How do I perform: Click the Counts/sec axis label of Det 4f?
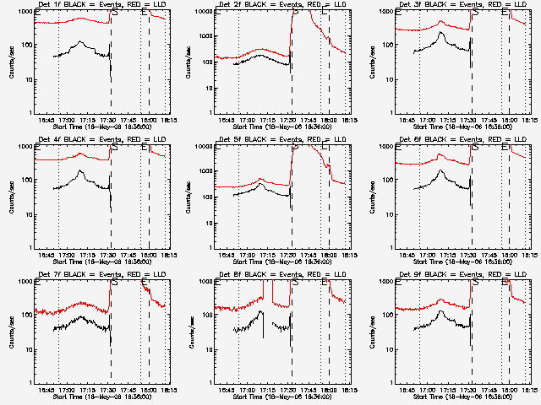[11, 197]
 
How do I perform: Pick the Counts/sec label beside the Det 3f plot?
[372, 62]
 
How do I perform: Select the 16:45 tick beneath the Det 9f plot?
[409, 389]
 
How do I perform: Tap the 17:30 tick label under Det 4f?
[111, 254]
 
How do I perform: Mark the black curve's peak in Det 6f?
[442, 171]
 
